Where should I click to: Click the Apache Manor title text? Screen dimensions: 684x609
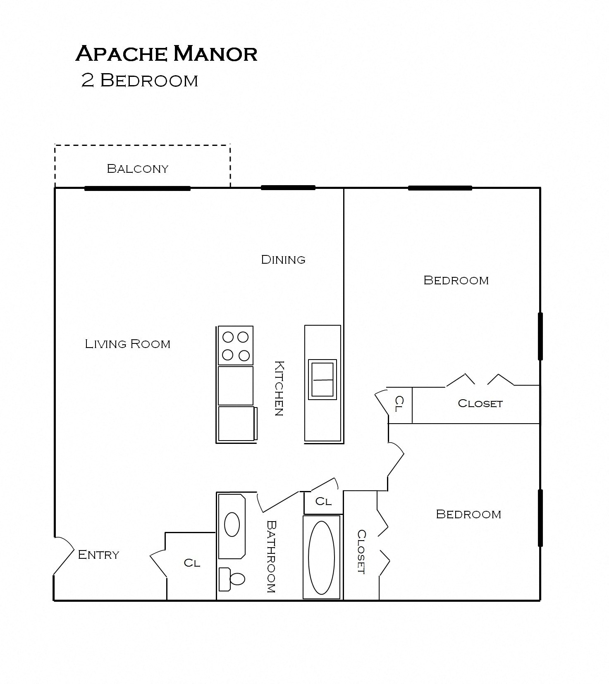(166, 54)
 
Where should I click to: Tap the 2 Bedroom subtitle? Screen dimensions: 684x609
(140, 80)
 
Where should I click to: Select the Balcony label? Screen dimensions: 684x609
(138, 169)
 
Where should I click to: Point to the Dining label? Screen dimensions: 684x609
(283, 260)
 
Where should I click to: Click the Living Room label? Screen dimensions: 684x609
(127, 344)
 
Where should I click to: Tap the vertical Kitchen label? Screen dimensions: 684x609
(279, 388)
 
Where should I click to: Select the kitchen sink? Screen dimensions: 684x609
(322, 379)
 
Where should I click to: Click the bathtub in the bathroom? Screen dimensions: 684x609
(322, 557)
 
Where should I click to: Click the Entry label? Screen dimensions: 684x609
(98, 555)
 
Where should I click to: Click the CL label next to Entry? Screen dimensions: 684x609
(192, 562)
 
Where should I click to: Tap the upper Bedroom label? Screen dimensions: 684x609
(456, 280)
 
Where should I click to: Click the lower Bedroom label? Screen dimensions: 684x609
(468, 514)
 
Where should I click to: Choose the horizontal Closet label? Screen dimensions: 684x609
(480, 403)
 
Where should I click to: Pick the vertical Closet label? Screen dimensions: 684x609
(361, 552)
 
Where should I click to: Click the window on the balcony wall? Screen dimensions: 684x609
(137, 188)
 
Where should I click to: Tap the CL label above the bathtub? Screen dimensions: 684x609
(323, 501)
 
